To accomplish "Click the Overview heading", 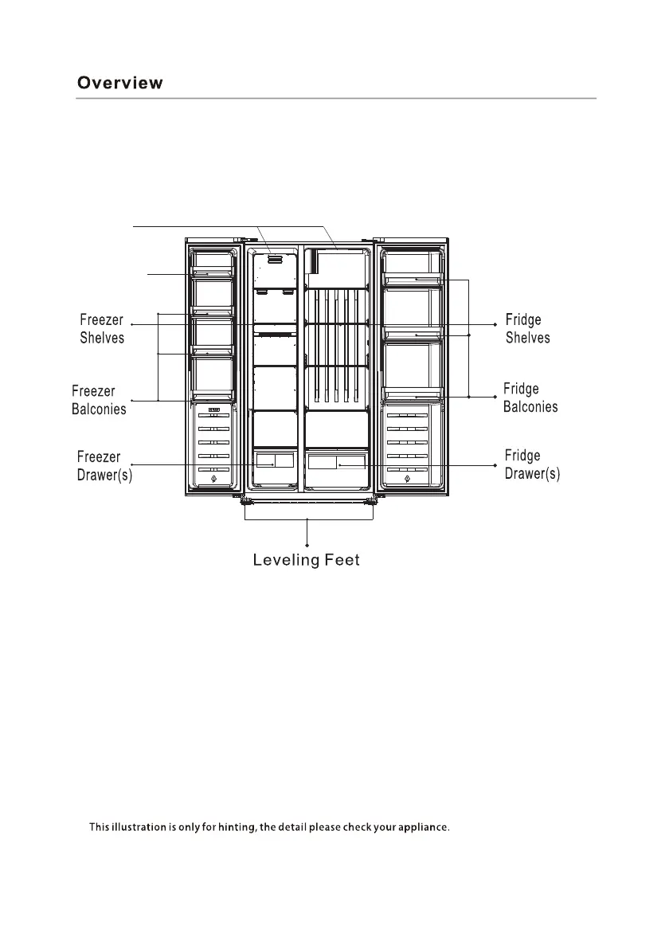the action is [x=119, y=84].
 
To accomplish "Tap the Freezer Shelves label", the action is [x=102, y=329].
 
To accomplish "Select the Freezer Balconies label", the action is [x=99, y=400].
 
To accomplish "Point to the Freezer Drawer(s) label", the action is [x=104, y=466].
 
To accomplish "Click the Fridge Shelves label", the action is [x=527, y=328].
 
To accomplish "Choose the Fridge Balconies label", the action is [x=530, y=398].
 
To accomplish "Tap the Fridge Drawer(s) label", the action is [x=532, y=464].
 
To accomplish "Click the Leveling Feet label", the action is [x=307, y=561].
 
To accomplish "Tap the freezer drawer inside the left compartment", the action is [x=273, y=460].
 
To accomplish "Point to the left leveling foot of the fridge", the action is [x=245, y=501].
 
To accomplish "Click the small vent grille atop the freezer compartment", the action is [x=276, y=257].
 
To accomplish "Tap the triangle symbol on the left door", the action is [x=213, y=480].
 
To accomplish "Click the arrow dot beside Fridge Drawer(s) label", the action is [x=495, y=465].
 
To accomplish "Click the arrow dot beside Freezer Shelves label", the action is [x=131, y=325].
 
